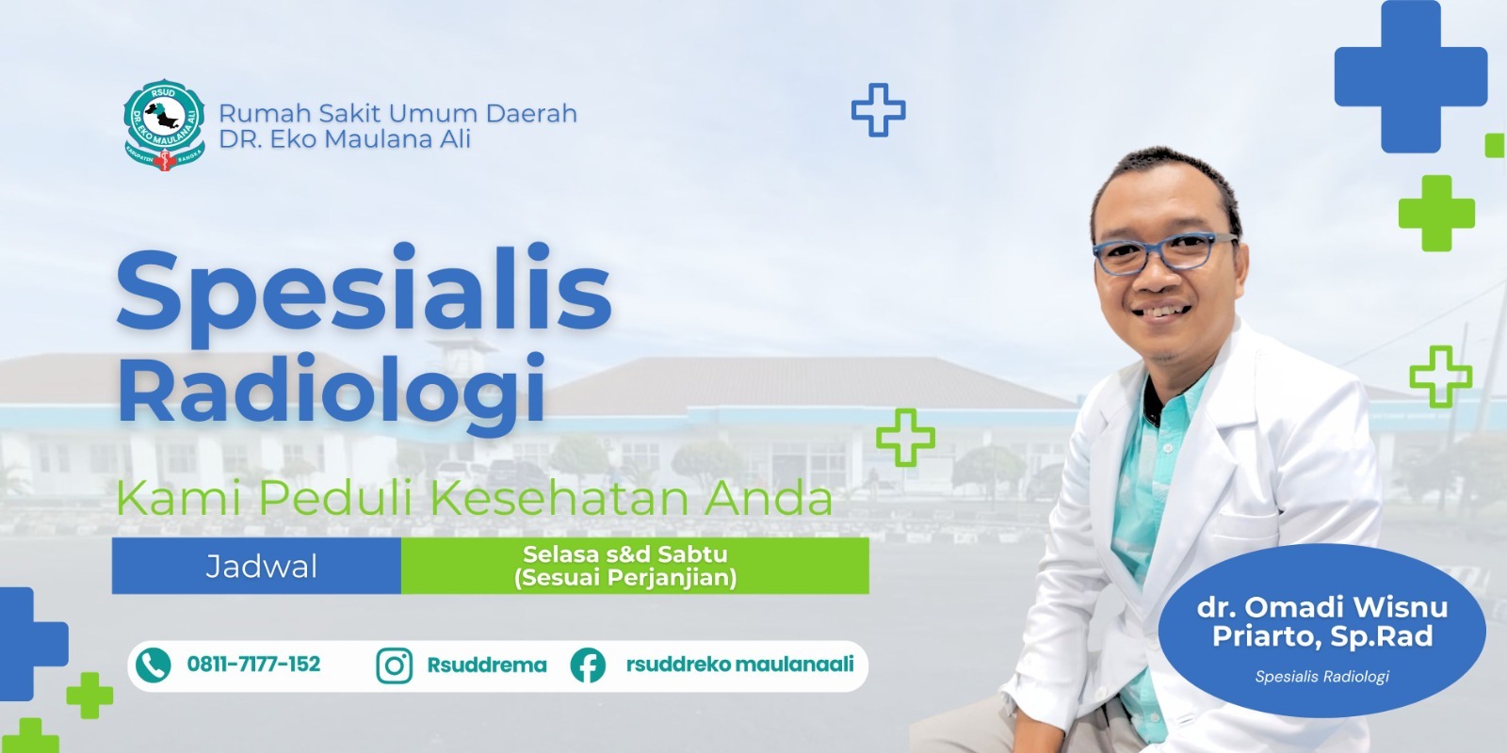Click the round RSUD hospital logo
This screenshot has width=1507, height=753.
(x=164, y=125)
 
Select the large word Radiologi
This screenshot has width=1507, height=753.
(x=331, y=389)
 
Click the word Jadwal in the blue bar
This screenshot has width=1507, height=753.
(x=261, y=566)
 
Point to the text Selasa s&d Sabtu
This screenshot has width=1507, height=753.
(x=625, y=554)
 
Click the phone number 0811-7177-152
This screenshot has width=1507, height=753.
(x=253, y=665)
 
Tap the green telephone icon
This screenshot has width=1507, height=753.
(x=154, y=665)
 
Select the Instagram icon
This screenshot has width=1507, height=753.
(x=395, y=665)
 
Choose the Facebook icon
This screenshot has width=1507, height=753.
(x=588, y=665)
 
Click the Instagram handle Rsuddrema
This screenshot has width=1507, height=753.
(x=487, y=665)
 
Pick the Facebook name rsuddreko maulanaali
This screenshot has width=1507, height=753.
(x=740, y=665)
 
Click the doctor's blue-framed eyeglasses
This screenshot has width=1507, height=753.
(x=1164, y=252)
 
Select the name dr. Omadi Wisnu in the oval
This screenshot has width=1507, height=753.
(x=1322, y=607)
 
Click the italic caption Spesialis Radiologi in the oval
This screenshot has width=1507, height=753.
(x=1322, y=677)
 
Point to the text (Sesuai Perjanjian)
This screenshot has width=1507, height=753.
(x=625, y=578)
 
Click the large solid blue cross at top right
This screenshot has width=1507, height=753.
(x=1410, y=76)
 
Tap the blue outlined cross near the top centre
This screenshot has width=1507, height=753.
(x=879, y=110)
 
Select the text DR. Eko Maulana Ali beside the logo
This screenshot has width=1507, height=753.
(x=345, y=139)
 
